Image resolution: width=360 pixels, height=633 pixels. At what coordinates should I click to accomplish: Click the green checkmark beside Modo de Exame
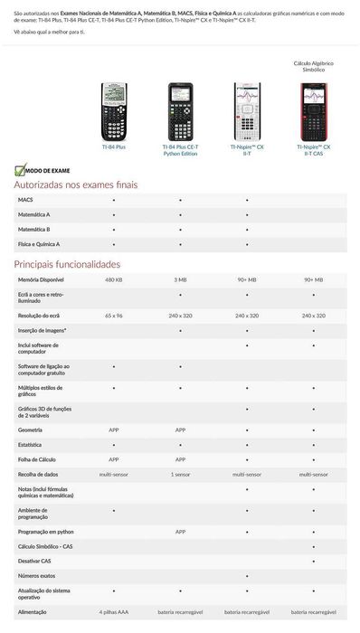coord(19,169)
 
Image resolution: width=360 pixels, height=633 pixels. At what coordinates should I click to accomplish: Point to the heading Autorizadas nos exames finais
coord(75,184)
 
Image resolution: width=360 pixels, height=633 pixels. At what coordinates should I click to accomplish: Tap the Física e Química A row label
coord(39,243)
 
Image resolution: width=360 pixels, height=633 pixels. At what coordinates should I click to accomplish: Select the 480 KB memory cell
coord(113,280)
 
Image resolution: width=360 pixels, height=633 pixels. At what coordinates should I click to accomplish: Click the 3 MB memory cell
coord(180,280)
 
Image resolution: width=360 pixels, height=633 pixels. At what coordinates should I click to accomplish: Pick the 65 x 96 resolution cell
coord(113,315)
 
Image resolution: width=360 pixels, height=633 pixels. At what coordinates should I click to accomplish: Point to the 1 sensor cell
coord(180,474)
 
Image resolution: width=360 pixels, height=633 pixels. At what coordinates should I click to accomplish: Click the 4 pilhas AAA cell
coord(113,613)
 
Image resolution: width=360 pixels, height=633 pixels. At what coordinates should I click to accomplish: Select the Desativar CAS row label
coord(34,561)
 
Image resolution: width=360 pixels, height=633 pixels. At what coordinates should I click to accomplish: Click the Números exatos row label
coord(36,575)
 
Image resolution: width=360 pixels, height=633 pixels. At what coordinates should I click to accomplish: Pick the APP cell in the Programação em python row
coord(180,532)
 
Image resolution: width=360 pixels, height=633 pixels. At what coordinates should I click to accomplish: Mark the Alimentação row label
coord(33,613)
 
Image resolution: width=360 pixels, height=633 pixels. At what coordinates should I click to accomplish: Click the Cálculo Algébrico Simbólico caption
coord(313,67)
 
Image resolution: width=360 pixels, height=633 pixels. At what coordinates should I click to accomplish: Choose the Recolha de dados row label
coord(39,474)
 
